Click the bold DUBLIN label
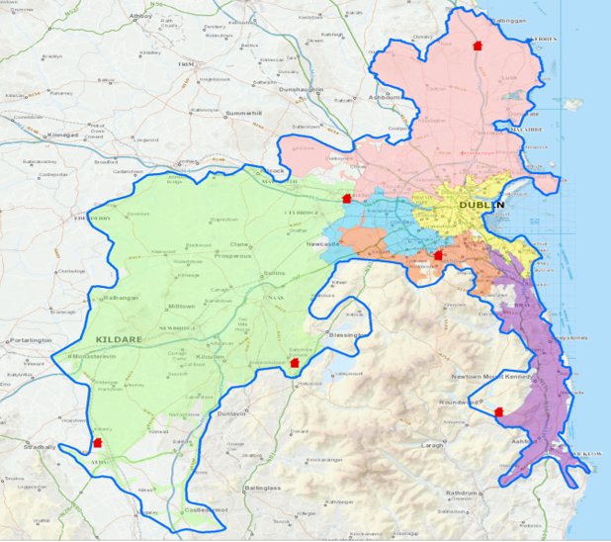481,205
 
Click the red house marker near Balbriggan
477,45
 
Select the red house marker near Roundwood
498,410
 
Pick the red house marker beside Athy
96,443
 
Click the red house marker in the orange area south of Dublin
438,255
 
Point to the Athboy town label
139,16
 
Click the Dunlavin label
230,414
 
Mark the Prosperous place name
233,254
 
